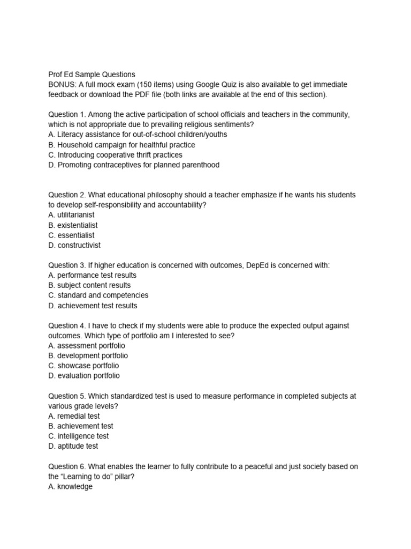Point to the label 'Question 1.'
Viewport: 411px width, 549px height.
(67, 115)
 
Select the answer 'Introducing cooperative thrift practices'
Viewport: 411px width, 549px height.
(115, 155)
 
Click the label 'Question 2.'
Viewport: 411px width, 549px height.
(67, 195)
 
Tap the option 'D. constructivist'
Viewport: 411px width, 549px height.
(74, 246)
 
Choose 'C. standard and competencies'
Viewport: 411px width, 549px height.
(98, 295)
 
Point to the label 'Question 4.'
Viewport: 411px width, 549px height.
(67, 325)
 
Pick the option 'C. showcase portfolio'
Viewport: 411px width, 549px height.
(83, 366)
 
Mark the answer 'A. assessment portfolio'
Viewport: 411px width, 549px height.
(87, 346)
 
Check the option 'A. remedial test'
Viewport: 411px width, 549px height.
(74, 416)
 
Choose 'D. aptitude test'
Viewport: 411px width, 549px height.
(73, 446)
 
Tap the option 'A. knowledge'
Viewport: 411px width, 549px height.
(70, 487)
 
